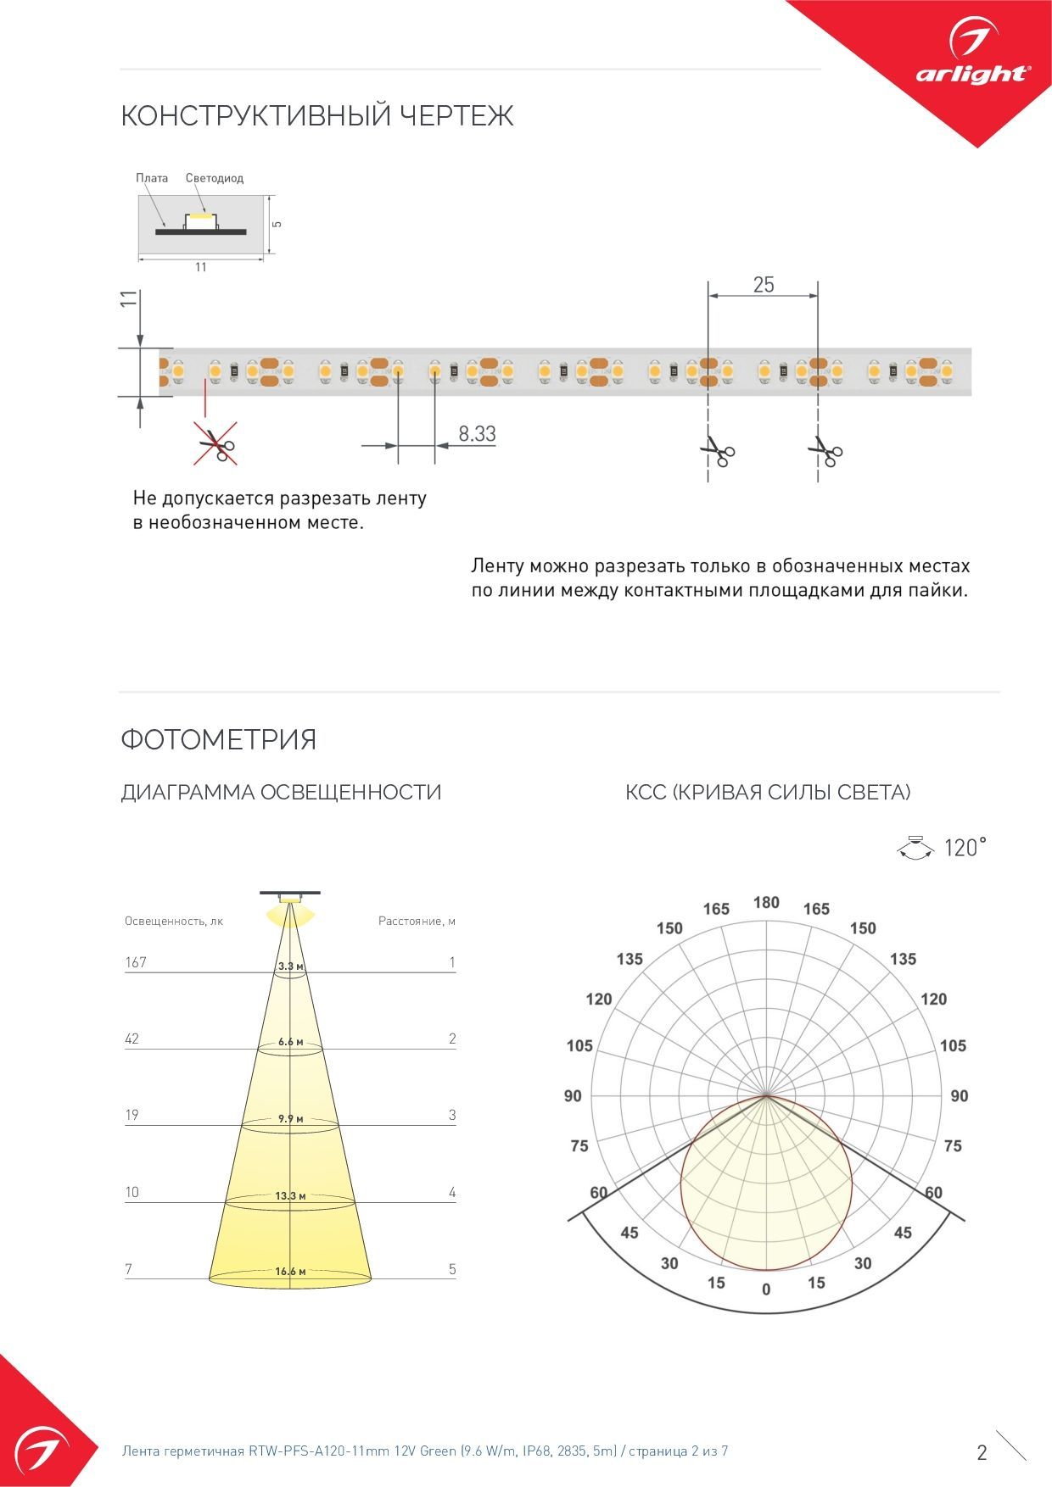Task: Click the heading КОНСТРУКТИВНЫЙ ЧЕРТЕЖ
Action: pos(317,115)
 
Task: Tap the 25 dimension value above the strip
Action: pos(764,285)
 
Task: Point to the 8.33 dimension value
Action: pos(477,434)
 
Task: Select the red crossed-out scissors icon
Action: pos(215,443)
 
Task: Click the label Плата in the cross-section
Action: pos(152,178)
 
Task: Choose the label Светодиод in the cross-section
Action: pos(215,178)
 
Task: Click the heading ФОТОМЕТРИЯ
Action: pos(218,739)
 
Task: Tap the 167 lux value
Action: pos(136,962)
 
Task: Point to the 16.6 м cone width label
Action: pos(290,1272)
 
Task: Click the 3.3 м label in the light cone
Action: pos(290,966)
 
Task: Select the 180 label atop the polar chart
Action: pos(766,903)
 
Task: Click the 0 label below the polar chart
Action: pos(766,1289)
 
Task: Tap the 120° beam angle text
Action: pos(965,848)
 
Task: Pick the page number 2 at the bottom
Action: pos(982,1452)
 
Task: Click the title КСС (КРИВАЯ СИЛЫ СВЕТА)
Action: pos(768,793)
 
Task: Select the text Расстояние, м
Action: pos(417,921)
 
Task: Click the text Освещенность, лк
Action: pos(174,921)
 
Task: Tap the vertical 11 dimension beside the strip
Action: pos(128,298)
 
